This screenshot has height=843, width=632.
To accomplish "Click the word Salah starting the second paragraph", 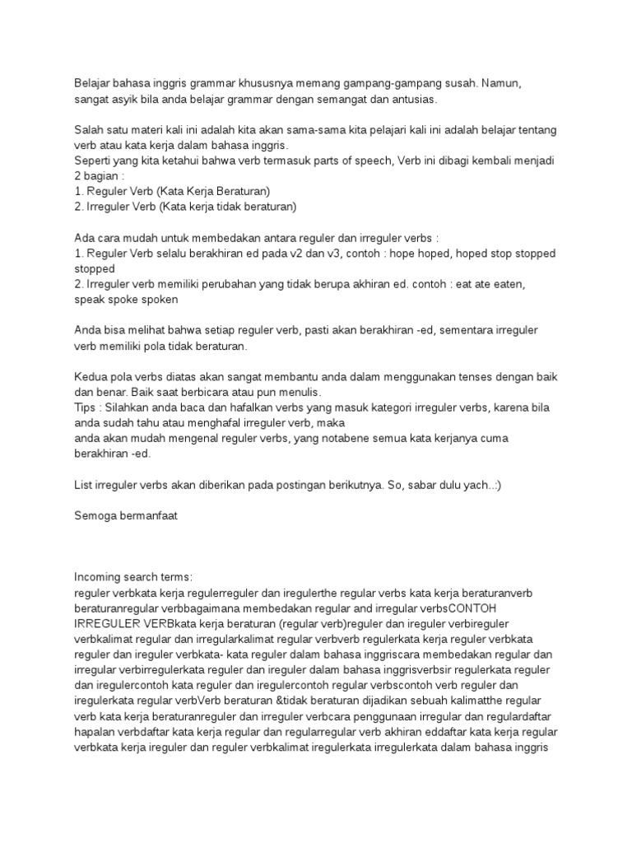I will point(89,131).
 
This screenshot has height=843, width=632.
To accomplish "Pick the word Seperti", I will point(94,161).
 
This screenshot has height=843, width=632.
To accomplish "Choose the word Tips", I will point(86,408).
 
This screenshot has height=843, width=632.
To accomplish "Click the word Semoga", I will point(97,515).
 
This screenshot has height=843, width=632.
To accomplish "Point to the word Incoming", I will point(99,576).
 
